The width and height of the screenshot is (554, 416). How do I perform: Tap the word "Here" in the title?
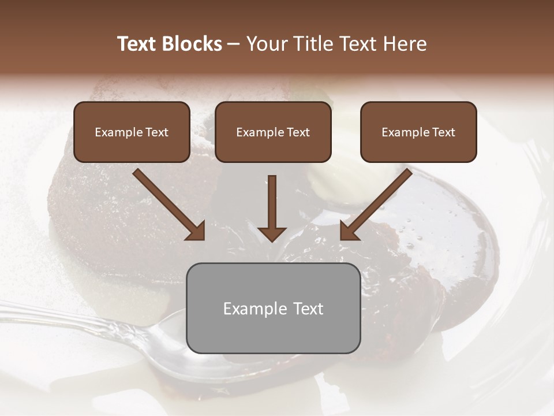(404, 44)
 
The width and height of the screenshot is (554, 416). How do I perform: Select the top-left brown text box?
(132, 132)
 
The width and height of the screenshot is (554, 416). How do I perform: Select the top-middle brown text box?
(273, 132)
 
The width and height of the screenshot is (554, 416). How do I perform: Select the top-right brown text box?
(418, 132)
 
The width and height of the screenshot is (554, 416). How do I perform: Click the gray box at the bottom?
(273, 308)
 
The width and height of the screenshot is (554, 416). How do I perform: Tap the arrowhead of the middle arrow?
(272, 233)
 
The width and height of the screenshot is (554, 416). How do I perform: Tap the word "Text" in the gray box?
(308, 309)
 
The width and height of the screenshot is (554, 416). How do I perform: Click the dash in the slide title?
(234, 44)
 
